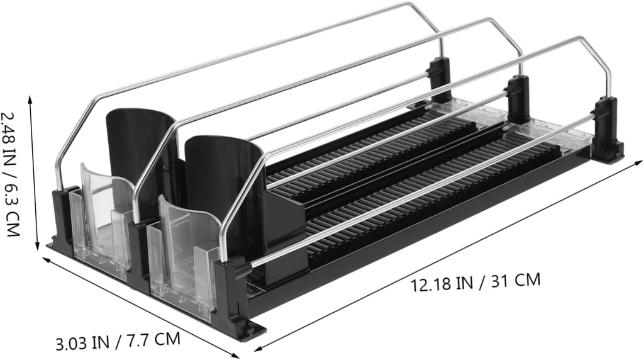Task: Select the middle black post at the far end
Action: [x=518, y=98]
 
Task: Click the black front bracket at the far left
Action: [x=63, y=217]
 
